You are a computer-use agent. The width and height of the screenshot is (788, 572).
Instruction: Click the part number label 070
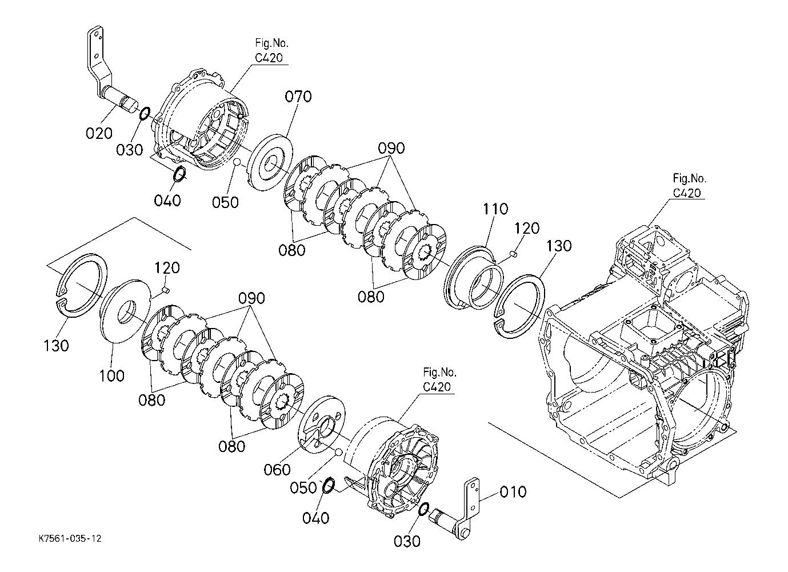tap(298, 97)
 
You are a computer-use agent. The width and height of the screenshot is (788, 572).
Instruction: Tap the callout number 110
tap(495, 209)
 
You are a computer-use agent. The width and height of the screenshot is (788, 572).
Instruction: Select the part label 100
tap(111, 376)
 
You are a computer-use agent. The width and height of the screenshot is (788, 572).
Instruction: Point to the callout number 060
tap(277, 470)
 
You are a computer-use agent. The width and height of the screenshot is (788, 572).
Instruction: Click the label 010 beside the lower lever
tap(513, 492)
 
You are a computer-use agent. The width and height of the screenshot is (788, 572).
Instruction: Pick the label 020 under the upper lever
tap(99, 133)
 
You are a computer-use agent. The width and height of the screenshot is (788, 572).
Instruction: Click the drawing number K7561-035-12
tap(70, 539)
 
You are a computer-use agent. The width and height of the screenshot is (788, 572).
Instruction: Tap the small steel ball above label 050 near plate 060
tap(338, 451)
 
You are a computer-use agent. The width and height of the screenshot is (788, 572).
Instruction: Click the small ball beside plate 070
tap(238, 162)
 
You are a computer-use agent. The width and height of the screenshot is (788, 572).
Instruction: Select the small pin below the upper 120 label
tap(514, 253)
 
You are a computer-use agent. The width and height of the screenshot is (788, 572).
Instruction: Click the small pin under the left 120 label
tap(166, 290)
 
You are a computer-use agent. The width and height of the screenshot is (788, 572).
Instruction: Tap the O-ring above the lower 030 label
tap(424, 509)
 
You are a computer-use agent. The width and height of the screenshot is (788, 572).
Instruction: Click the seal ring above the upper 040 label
tap(181, 174)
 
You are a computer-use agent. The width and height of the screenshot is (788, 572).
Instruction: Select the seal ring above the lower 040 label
tap(328, 486)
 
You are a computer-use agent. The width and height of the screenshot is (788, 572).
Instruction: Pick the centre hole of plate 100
tap(126, 311)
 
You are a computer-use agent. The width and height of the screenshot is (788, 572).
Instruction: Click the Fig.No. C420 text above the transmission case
tap(689, 186)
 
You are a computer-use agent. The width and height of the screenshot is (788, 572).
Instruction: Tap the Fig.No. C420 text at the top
tap(271, 51)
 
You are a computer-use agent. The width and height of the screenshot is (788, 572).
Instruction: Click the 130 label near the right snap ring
tap(559, 246)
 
